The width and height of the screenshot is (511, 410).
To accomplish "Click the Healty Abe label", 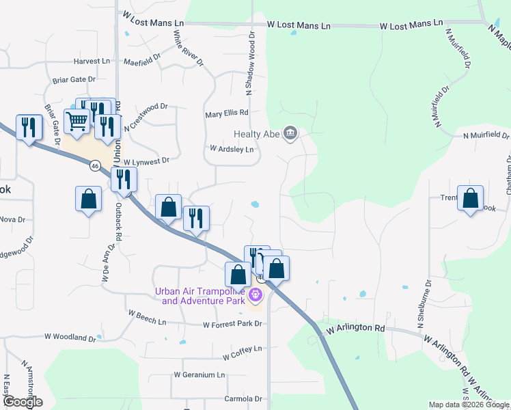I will pyautogui.click(x=256, y=134).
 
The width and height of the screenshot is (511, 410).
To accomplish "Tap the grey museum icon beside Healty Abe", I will pyautogui.click(x=290, y=133).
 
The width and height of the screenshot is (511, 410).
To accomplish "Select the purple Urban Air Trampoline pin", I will pyautogui.click(x=255, y=295).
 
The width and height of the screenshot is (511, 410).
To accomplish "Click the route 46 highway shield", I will pyautogui.click(x=95, y=165).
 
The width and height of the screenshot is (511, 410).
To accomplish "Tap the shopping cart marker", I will pyautogui.click(x=77, y=122).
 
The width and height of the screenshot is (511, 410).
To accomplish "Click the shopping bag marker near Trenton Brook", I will pyautogui.click(x=471, y=199).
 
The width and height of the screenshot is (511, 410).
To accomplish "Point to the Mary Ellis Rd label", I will pyautogui.click(x=227, y=113).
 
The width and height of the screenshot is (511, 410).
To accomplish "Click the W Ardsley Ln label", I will pyautogui.click(x=232, y=149).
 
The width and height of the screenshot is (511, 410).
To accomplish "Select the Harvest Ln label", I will pyautogui.click(x=92, y=61).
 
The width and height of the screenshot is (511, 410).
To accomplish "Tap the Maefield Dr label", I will pyautogui.click(x=142, y=62).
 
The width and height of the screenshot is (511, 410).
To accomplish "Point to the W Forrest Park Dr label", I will pyautogui.click(x=232, y=325).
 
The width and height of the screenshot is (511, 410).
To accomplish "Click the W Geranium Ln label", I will pyautogui.click(x=199, y=375).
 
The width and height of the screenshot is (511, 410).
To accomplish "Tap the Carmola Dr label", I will pyautogui.click(x=243, y=398).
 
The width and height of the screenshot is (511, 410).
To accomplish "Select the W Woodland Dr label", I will pyautogui.click(x=70, y=338).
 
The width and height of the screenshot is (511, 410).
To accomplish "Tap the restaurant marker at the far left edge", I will pyautogui.click(x=29, y=127).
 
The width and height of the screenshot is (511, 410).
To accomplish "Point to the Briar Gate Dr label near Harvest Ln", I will pyautogui.click(x=74, y=80).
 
